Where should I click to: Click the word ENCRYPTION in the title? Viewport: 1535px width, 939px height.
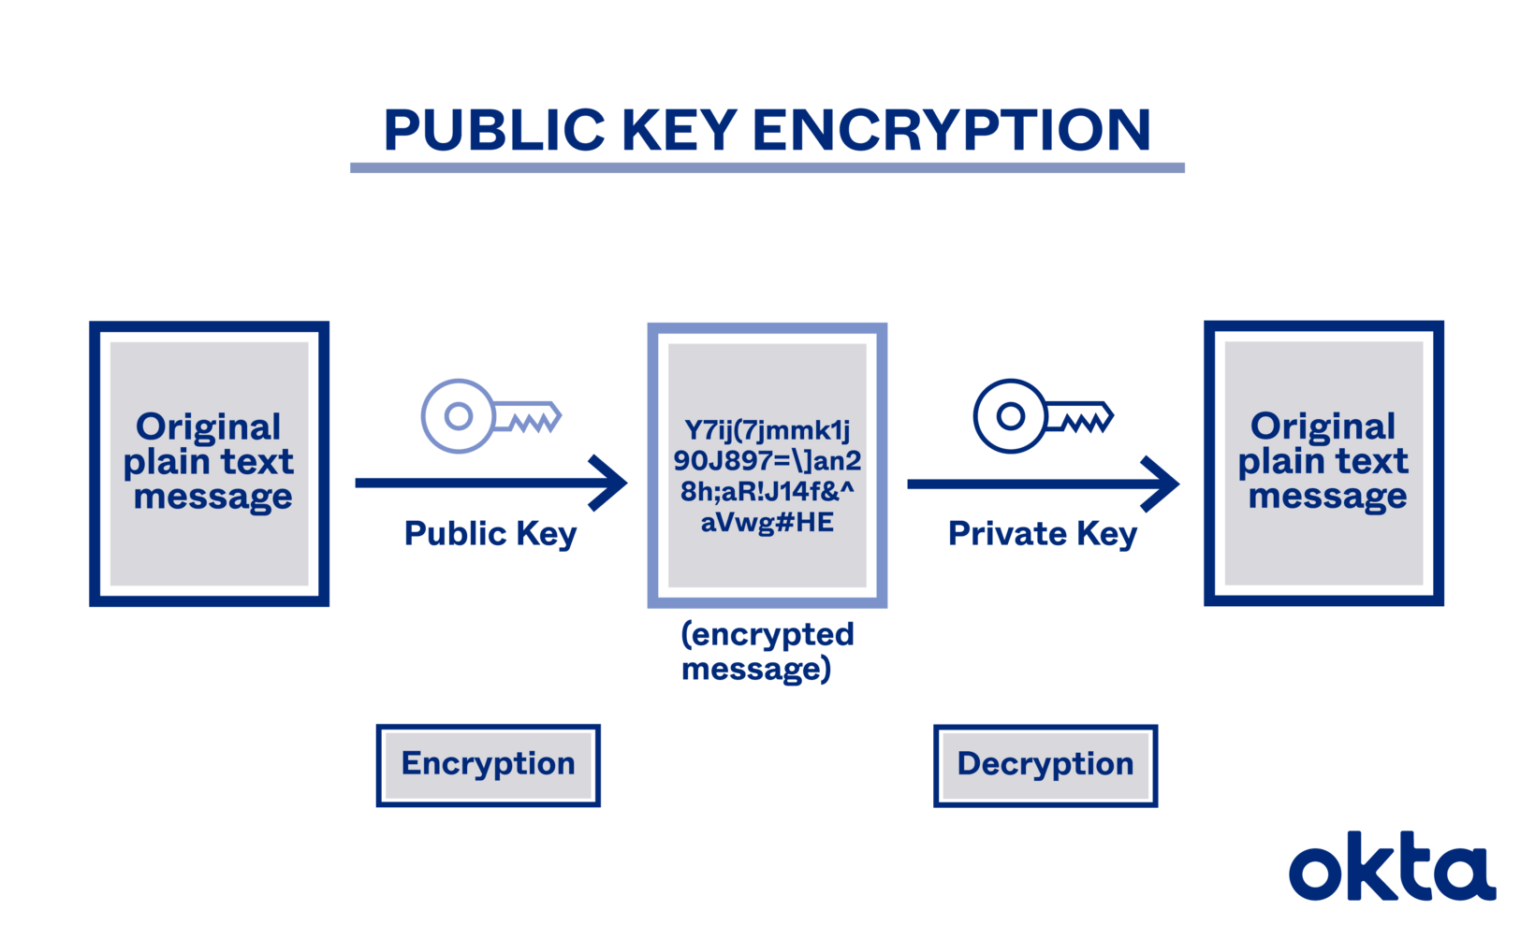pyautogui.click(x=951, y=130)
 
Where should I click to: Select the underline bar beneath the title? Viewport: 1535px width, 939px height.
pyautogui.click(x=767, y=168)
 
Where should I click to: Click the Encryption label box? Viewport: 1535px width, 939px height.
pyautogui.click(x=488, y=764)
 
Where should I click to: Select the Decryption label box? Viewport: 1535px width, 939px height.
pyautogui.click(x=1045, y=765)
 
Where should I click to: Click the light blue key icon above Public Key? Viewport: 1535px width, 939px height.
pyautogui.click(x=490, y=416)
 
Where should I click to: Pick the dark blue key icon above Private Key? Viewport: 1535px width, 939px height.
pyautogui.click(x=1042, y=416)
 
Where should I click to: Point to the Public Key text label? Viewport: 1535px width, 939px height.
pyautogui.click(x=490, y=534)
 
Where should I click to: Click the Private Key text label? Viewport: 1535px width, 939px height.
pyautogui.click(x=1042, y=534)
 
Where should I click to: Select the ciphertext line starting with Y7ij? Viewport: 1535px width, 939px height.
pyautogui.click(x=767, y=430)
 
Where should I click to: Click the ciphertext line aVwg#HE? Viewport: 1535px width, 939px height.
pyautogui.click(x=767, y=522)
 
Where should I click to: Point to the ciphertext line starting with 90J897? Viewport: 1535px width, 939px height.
pyautogui.click(x=767, y=461)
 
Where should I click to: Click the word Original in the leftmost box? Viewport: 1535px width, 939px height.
pyautogui.click(x=208, y=427)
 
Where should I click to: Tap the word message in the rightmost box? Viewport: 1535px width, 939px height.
pyautogui.click(x=1327, y=497)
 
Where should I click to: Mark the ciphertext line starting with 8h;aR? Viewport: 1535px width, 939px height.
pyautogui.click(x=767, y=492)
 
